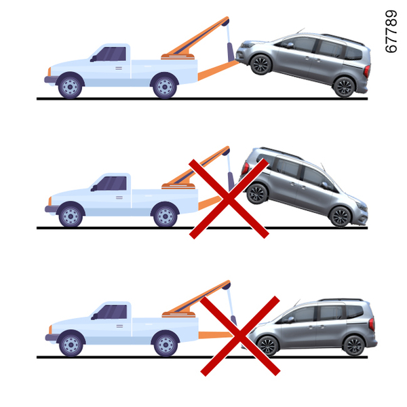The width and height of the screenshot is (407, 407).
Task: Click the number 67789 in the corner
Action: pos(391,31)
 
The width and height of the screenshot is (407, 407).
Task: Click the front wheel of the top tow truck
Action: pos(70,87)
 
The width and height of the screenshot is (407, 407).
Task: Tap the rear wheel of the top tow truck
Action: pos(165,87)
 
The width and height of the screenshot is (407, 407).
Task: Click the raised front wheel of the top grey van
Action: pos(260,65)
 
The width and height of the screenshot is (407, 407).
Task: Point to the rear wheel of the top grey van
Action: pos(344,88)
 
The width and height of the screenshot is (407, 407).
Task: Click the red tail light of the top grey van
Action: pos(367,71)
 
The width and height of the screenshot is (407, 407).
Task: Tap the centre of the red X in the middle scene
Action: pos(229,199)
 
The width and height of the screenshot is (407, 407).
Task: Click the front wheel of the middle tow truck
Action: pos(71,216)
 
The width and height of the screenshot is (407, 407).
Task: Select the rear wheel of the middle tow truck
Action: pos(166,216)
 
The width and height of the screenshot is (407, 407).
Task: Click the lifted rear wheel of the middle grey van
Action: pos(257,194)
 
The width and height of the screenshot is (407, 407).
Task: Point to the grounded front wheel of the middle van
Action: pos(341,217)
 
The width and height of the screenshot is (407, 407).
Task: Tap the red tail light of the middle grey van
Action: pos(245,168)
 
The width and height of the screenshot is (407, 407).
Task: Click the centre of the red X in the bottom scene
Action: pos(240,336)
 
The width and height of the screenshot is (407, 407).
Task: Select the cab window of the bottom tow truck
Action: pos(113,312)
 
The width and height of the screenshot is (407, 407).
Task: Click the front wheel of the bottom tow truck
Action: pos(71,345)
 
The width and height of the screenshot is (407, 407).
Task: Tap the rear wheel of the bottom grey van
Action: pos(354,346)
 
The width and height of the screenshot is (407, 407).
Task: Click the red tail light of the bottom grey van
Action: pos(372,324)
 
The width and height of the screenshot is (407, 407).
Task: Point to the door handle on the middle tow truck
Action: pos(119,198)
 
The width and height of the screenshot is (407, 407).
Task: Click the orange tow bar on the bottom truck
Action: pos(216,335)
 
